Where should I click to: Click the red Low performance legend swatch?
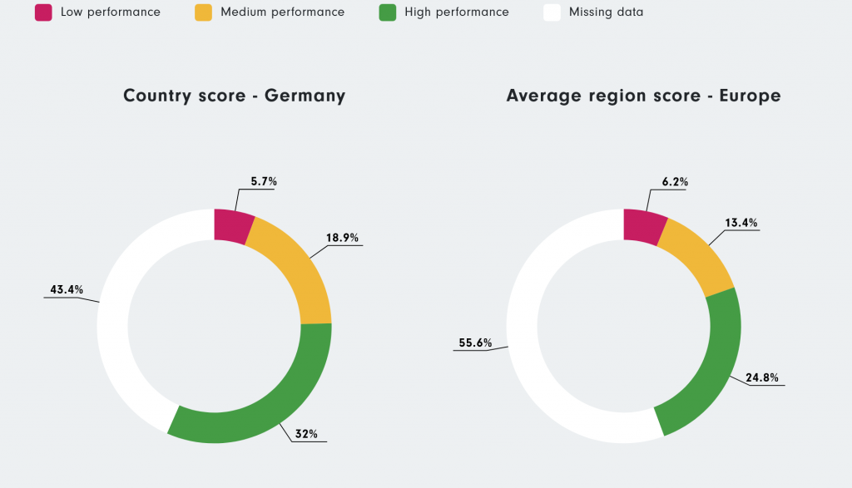(x=43, y=12)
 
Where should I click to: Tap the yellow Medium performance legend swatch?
(x=203, y=12)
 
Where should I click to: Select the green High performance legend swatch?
(x=387, y=12)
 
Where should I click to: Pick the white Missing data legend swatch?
(x=552, y=12)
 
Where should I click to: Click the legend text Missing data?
(x=606, y=12)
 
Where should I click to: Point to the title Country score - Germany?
(x=234, y=96)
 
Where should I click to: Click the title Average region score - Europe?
(x=643, y=96)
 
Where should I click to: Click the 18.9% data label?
(x=342, y=238)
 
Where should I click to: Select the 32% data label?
(x=306, y=433)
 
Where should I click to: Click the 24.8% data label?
(x=762, y=377)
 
